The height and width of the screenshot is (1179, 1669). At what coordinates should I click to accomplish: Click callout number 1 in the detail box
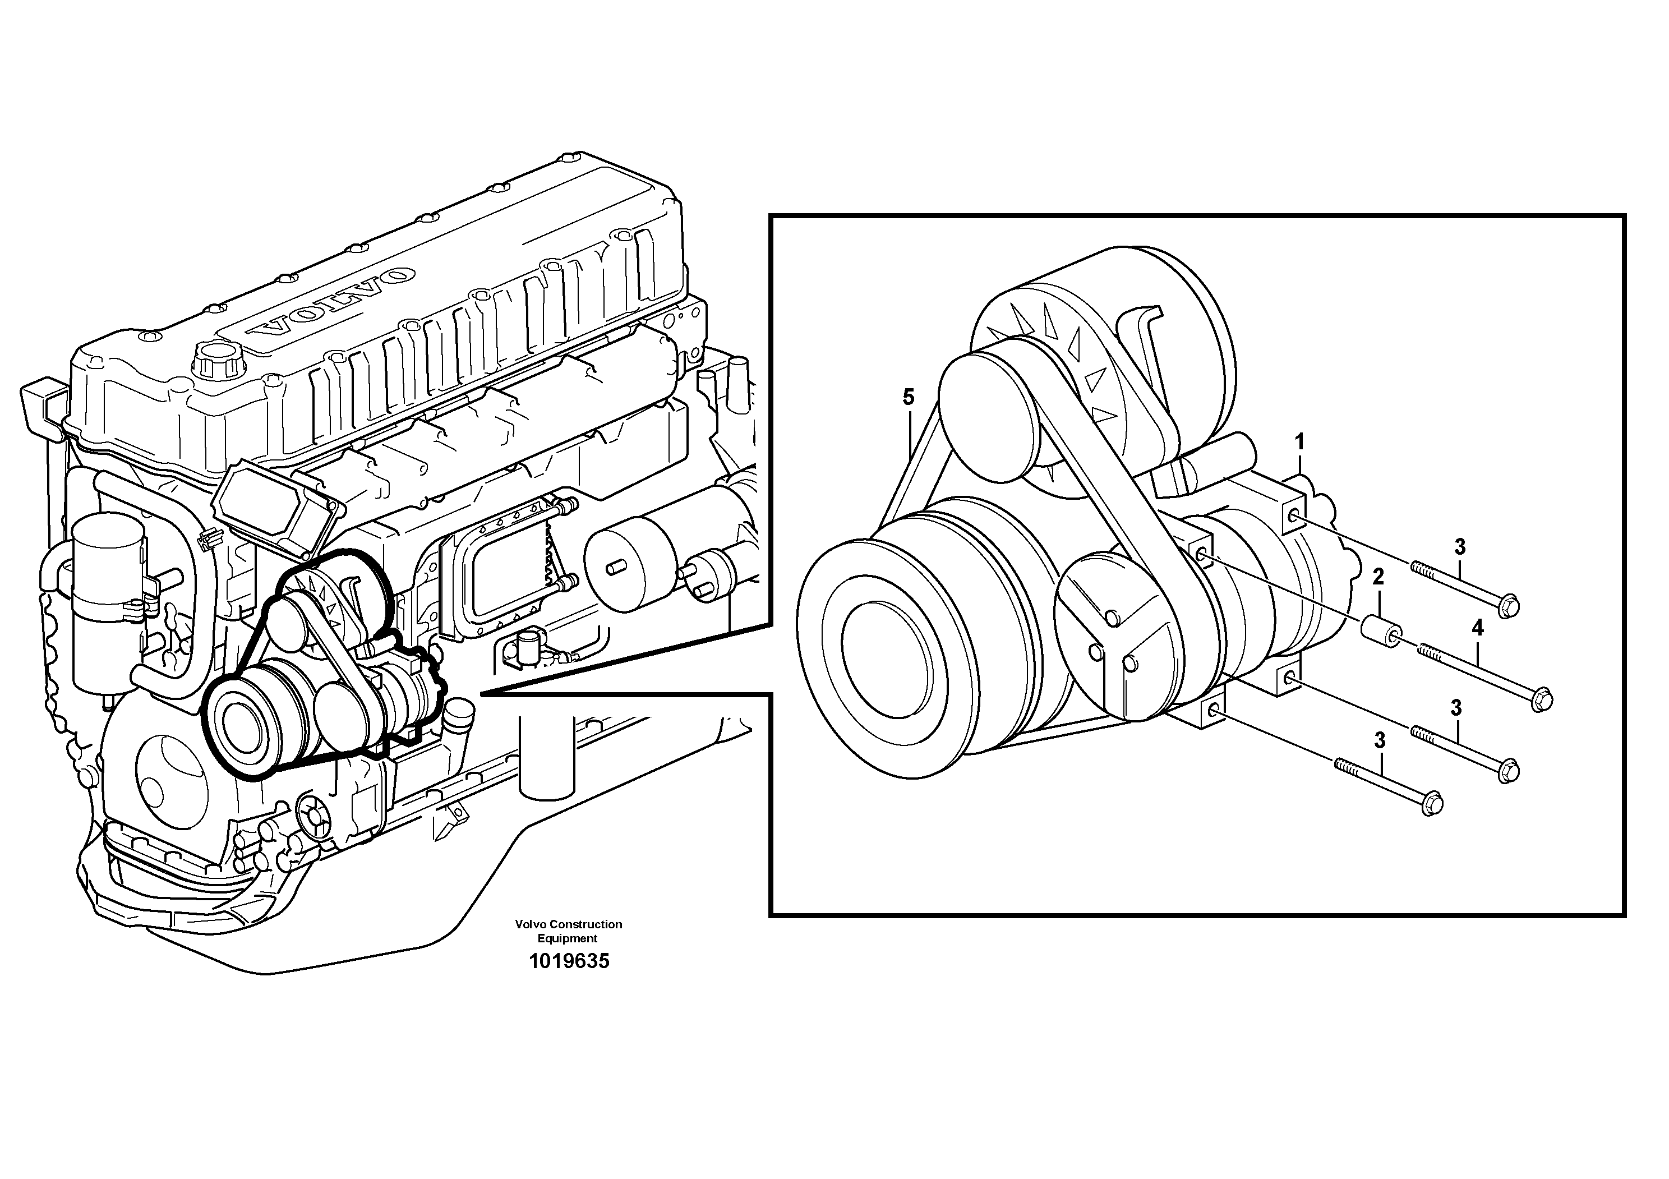(x=1300, y=441)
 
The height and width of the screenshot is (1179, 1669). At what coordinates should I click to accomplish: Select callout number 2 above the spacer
(x=1377, y=577)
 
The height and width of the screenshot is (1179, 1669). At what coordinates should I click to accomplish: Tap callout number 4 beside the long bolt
(x=1477, y=627)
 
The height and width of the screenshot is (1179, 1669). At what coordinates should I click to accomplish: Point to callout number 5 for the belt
(x=908, y=397)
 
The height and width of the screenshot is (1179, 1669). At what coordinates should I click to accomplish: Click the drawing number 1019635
(x=569, y=961)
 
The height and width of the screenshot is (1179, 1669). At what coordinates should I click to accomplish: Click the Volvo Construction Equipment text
(x=569, y=931)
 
